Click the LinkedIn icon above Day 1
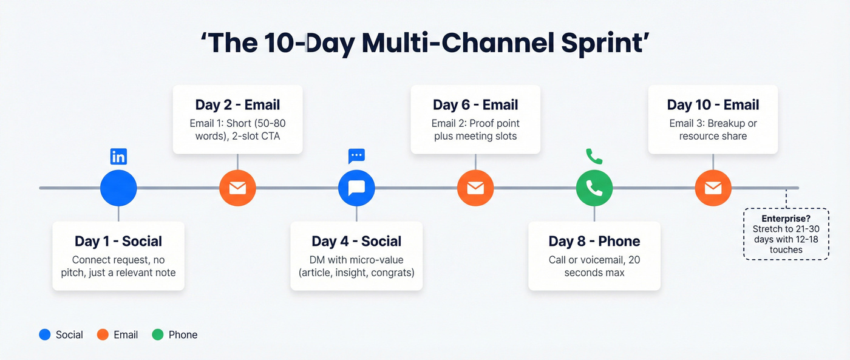click(x=118, y=157)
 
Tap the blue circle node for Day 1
click(x=118, y=188)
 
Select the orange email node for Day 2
click(x=237, y=188)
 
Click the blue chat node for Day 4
click(x=356, y=188)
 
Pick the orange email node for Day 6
click(x=475, y=188)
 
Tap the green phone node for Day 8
click(x=594, y=188)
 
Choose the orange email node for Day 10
click(x=713, y=188)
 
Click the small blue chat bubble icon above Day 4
click(x=356, y=155)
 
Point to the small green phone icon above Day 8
click(x=594, y=156)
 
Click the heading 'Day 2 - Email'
click(x=237, y=105)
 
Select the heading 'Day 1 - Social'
click(x=118, y=241)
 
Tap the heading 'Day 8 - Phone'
click(x=594, y=241)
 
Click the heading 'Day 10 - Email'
click(x=713, y=105)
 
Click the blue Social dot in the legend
click(x=44, y=335)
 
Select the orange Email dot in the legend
click(x=103, y=335)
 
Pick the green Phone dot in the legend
click(x=158, y=335)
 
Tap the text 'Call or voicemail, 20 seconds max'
click(x=594, y=266)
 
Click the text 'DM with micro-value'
click(x=356, y=260)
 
